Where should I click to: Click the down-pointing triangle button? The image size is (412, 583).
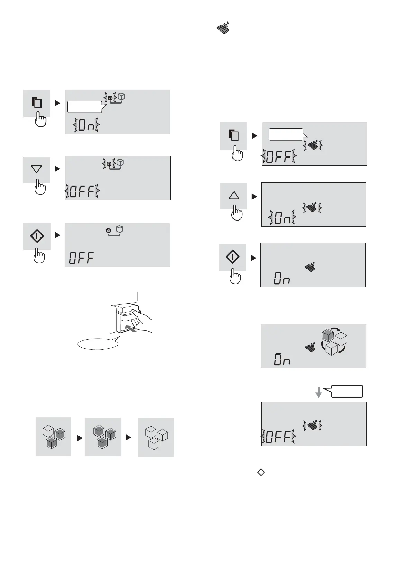(x=36, y=169)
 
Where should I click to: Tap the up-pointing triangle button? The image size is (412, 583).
(x=234, y=196)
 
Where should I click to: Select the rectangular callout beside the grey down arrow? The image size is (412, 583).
(x=347, y=391)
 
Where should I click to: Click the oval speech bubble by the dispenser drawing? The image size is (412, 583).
(x=97, y=344)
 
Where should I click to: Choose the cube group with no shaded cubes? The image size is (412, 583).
(x=156, y=438)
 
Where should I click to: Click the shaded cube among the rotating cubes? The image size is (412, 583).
(x=327, y=335)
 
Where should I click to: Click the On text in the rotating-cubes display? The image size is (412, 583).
(x=282, y=360)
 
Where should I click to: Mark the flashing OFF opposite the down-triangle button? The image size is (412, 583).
(x=82, y=191)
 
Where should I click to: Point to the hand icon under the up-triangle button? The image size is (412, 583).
(x=237, y=213)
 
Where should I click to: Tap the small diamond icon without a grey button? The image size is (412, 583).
(x=261, y=472)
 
